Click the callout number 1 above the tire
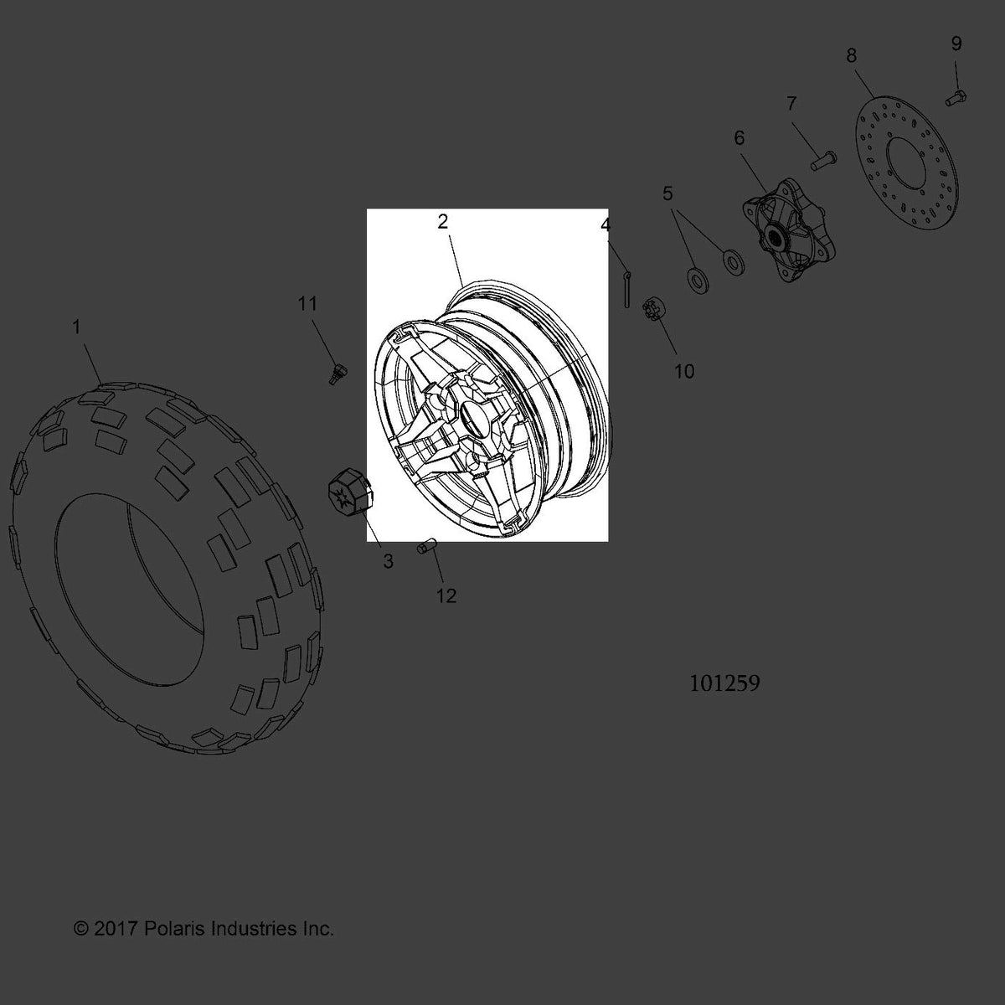click(77, 327)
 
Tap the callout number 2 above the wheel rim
click(442, 222)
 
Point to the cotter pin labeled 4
click(627, 288)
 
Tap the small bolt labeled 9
click(956, 97)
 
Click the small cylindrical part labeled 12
click(426, 548)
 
